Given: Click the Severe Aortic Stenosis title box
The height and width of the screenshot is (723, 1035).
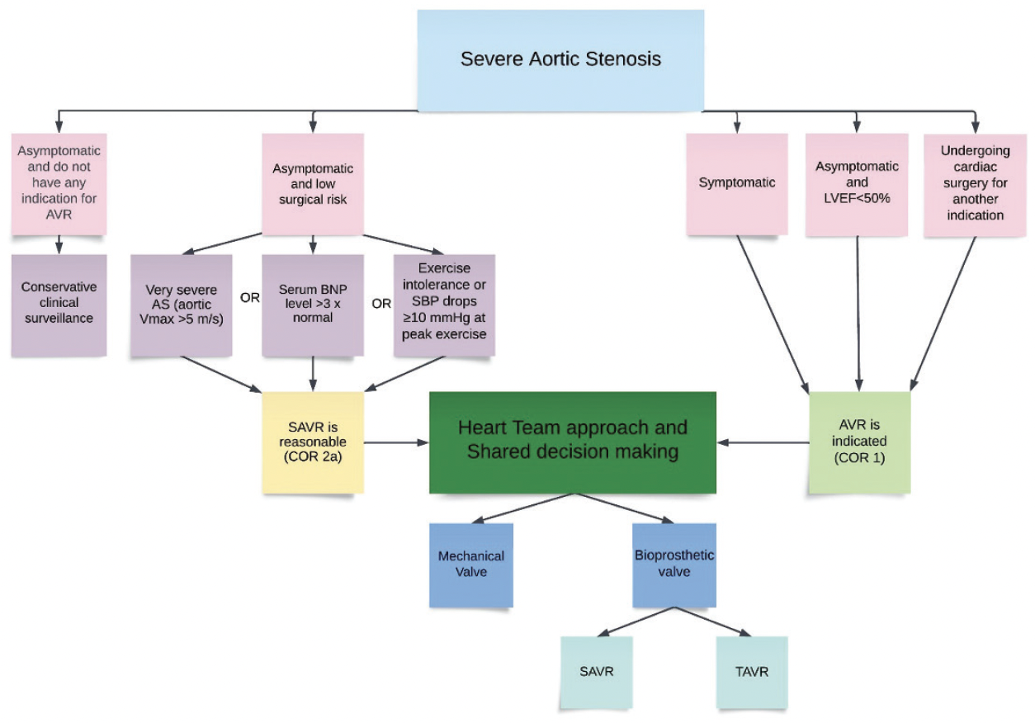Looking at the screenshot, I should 560,60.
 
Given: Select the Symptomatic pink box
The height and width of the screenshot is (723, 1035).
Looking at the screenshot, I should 738,182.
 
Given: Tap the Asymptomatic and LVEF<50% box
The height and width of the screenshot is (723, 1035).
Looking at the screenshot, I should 857,182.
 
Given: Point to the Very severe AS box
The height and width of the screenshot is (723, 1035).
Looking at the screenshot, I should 182,305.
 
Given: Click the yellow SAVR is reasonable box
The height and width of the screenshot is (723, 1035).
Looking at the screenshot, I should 313,442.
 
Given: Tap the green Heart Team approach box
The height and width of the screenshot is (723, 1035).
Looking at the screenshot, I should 572,442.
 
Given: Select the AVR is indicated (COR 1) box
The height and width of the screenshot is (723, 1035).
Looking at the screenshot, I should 859,442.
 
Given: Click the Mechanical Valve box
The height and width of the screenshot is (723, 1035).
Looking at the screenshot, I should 471,565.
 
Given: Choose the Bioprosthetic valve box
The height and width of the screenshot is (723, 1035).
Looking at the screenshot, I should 674,565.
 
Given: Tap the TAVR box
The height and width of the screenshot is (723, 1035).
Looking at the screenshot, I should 753,672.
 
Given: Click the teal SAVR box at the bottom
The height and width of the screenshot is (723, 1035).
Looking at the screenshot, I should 596,672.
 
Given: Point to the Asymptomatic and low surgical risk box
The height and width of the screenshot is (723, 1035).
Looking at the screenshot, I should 313,182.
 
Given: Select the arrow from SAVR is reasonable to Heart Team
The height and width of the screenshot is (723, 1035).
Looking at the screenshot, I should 396,442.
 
